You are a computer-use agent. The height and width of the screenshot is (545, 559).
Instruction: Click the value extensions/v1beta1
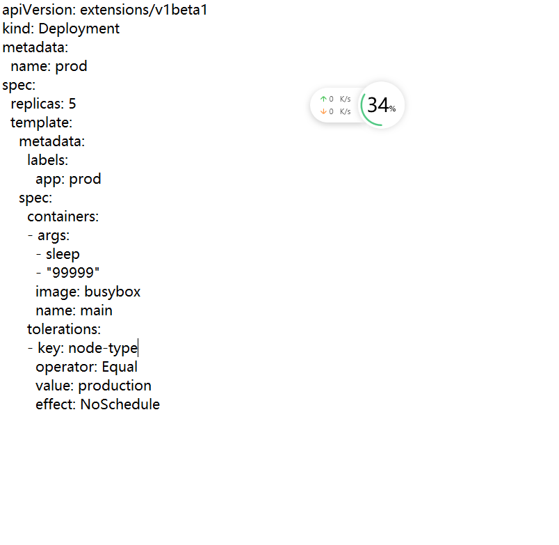144,10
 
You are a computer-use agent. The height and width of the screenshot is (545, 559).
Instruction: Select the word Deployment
79,29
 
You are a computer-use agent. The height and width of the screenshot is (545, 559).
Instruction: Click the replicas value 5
72,104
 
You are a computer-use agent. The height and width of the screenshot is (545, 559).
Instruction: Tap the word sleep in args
63,254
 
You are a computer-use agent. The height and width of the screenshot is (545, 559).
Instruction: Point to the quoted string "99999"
73,273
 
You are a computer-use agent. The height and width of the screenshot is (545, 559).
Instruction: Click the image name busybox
112,292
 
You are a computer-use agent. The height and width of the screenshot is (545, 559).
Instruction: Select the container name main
96,310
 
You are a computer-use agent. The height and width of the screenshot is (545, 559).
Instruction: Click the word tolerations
63,329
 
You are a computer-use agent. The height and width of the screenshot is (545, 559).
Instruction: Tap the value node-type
103,348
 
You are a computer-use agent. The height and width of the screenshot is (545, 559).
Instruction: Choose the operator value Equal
120,367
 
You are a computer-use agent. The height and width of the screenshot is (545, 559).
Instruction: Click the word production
115,386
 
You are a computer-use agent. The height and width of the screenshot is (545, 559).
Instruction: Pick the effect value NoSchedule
120,404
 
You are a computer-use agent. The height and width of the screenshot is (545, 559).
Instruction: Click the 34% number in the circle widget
379,105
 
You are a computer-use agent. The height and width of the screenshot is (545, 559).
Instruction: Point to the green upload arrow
323,99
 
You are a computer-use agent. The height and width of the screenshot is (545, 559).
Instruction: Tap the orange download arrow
323,111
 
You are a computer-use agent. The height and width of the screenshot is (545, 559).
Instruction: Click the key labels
47,160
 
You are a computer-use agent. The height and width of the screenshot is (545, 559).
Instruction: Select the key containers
63,216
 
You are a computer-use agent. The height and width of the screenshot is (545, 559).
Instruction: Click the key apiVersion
38,10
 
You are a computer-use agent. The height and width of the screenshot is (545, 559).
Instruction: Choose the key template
41,123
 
